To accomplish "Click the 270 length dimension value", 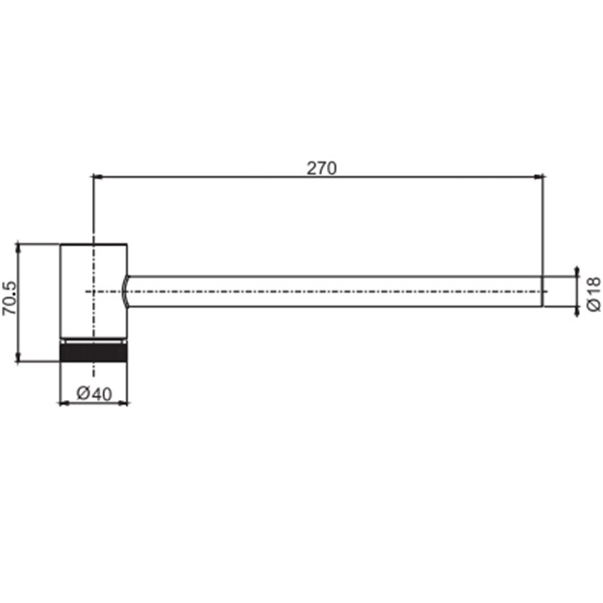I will [321, 167].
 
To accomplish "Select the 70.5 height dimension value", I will [10, 299].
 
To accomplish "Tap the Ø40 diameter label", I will [93, 392].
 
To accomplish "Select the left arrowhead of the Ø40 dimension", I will [64, 402].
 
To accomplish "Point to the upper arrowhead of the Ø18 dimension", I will [577, 270].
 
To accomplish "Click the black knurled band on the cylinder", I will [93, 351].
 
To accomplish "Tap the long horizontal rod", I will [337, 290].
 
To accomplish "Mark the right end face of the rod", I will [541, 290].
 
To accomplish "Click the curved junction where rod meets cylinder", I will [128, 290].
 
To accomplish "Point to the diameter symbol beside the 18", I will [593, 304].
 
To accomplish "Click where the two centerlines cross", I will [93, 290].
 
